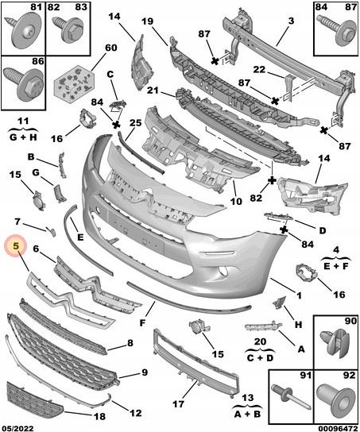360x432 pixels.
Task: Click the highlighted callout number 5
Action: [x=17, y=245]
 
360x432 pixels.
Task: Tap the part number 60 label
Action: [x=110, y=48]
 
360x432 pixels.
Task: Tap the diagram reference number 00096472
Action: [x=339, y=428]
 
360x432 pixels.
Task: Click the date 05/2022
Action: [x=17, y=428]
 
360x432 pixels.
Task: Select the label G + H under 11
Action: [x=23, y=137]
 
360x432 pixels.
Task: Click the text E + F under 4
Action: [x=336, y=266]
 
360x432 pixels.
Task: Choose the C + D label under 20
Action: [x=259, y=357]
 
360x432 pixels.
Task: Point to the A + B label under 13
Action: [x=247, y=414]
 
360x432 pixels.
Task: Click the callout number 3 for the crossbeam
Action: [x=291, y=21]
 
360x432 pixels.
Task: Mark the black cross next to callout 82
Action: [x=272, y=180]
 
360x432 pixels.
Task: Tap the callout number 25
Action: [x=136, y=122]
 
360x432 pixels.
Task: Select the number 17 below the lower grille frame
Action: [x=178, y=404]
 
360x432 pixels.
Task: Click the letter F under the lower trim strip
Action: [x=142, y=322]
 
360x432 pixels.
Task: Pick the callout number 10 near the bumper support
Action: [x=236, y=202]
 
